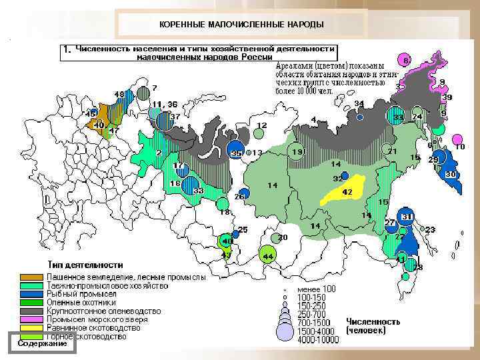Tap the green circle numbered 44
pyautogui.click(x=267, y=255)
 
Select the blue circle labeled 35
pyautogui.click(x=235, y=151)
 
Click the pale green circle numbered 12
pyautogui.click(x=259, y=133)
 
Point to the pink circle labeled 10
pyautogui.click(x=457, y=139)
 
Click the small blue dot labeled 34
pyautogui.click(x=360, y=117)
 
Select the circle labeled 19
pyautogui.click(x=297, y=153)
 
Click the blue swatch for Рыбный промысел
pyautogui.click(x=31, y=294)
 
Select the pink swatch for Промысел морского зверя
pyautogui.click(x=31, y=320)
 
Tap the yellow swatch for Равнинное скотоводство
pyautogui.click(x=31, y=329)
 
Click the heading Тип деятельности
pyautogui.click(x=85, y=265)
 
